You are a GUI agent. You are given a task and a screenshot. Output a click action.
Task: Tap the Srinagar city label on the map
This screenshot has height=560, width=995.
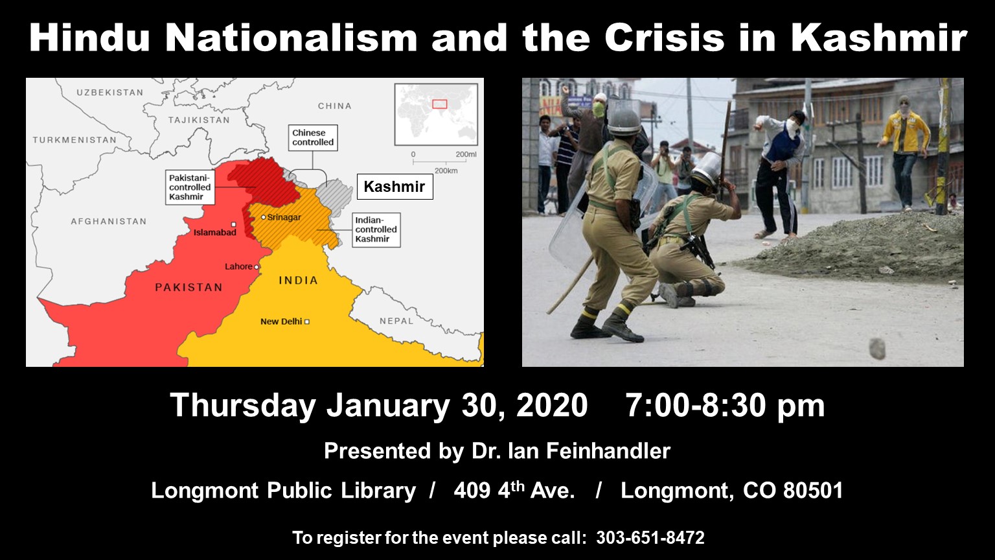284,217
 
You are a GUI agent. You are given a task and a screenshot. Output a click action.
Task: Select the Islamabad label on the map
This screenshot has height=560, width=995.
215,232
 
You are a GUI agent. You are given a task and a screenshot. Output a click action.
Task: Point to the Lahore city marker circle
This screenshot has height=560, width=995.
257,266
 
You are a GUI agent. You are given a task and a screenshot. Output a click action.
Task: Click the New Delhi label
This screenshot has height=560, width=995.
281,321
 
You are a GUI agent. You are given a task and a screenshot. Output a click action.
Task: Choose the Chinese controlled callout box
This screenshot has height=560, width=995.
313,137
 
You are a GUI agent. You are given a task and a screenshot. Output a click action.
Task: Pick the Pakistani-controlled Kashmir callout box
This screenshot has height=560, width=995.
190,187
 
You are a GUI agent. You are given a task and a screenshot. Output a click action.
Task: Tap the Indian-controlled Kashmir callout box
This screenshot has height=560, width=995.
376,230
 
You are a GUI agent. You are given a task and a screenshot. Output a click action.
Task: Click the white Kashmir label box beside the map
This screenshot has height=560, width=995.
395,186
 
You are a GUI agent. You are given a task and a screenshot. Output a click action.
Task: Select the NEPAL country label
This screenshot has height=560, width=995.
396,321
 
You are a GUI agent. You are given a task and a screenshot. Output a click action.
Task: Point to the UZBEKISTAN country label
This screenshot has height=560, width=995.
109,93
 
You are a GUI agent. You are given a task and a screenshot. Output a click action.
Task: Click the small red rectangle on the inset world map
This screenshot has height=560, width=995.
440,104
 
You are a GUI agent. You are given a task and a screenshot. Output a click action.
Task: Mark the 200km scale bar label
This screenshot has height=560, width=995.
446,170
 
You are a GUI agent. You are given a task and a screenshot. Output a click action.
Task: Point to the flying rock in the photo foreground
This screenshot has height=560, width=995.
877,349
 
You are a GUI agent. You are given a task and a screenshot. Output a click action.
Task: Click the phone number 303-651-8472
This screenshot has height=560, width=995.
650,537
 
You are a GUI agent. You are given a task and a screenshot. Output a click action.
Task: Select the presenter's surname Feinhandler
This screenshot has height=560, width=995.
608,450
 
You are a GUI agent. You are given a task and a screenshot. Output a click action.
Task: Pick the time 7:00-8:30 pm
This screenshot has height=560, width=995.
725,405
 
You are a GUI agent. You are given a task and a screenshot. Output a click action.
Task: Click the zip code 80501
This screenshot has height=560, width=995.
813,490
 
